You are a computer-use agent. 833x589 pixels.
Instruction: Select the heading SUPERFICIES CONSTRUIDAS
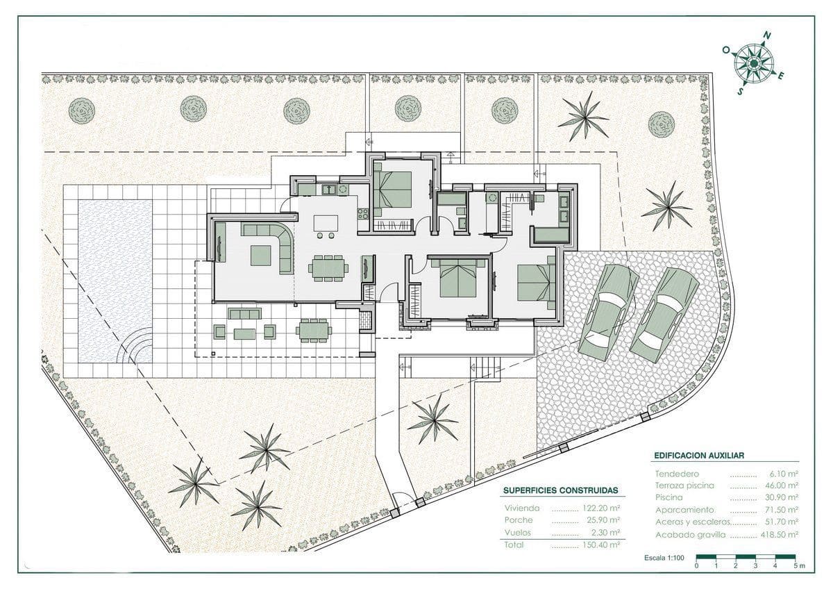560,490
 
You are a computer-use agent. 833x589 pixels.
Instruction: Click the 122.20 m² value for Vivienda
601,508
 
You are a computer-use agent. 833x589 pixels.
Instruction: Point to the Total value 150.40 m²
601,546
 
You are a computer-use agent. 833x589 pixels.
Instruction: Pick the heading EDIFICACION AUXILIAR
699,456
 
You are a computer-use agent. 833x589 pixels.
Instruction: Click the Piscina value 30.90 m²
780,498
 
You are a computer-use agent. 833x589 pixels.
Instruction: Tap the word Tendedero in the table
677,473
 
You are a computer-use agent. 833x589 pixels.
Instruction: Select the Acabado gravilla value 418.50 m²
777,535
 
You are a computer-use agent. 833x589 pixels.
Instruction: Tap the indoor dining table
328,268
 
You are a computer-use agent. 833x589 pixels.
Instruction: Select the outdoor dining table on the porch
313,330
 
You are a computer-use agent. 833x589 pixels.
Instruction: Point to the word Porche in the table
519,520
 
